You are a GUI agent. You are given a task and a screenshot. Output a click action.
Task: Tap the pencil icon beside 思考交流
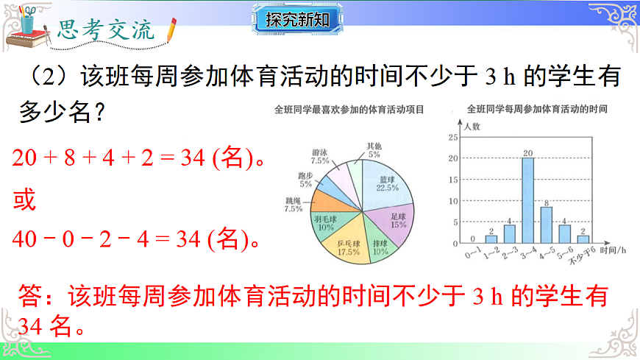click(172, 29)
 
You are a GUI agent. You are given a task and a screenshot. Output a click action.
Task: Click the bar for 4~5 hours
click(547, 225)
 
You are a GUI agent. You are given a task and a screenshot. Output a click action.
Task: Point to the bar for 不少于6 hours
click(583, 239)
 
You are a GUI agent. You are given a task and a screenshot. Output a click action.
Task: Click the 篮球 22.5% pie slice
click(383, 185)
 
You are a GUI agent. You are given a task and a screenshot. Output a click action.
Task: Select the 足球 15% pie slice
click(397, 220)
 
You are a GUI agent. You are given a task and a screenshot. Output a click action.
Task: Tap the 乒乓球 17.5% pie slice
click(349, 246)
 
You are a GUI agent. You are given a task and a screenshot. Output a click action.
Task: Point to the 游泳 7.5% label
click(320, 155)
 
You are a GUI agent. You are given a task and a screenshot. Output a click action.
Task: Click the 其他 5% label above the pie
click(374, 150)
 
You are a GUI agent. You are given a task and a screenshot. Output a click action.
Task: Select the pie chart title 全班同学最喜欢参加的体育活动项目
click(349, 111)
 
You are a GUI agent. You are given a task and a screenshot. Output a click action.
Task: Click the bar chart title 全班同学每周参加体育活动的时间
click(537, 108)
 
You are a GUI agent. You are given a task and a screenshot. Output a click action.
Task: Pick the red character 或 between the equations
click(24, 200)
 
